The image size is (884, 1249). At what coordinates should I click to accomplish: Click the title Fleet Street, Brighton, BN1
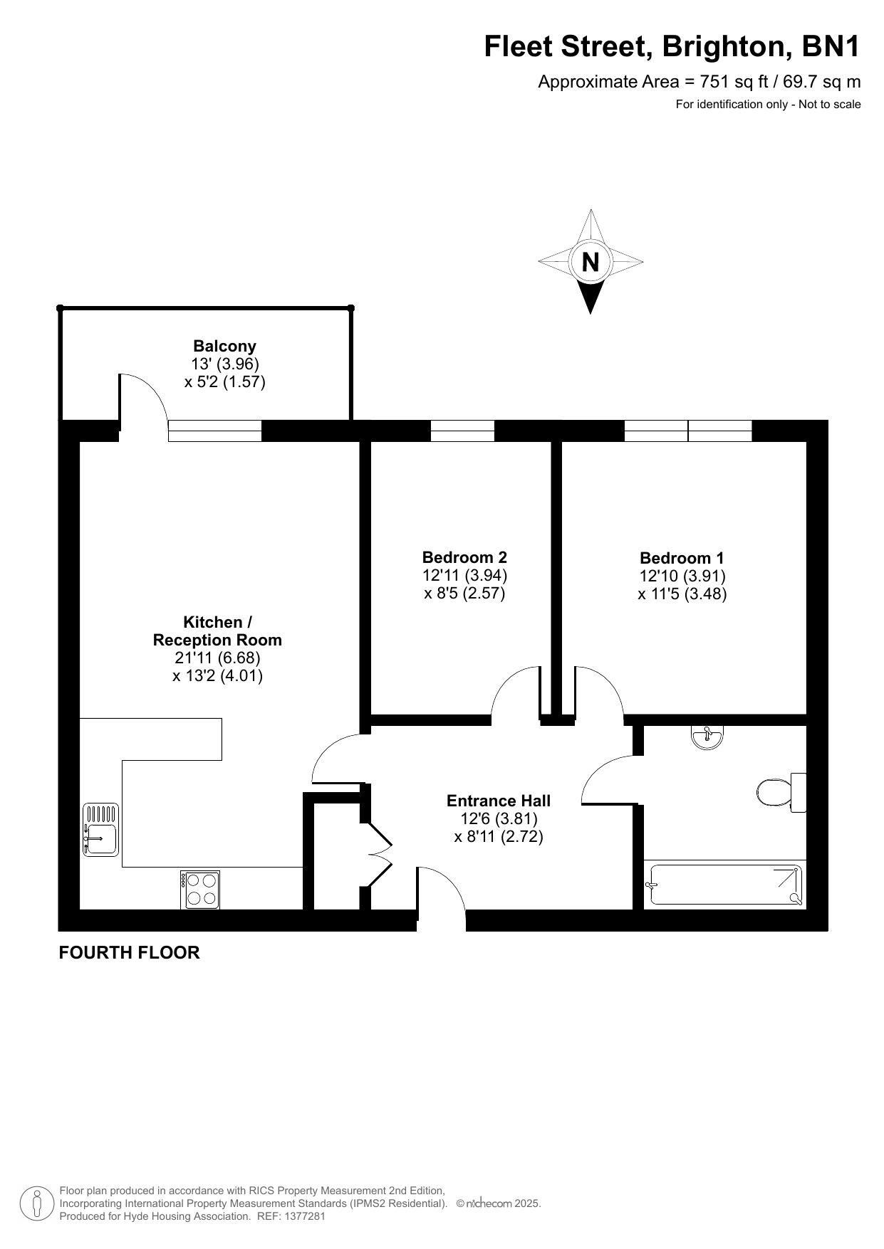pos(672,47)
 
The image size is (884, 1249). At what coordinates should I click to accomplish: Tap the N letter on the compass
pos(591,262)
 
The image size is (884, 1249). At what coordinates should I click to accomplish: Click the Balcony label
pos(224,347)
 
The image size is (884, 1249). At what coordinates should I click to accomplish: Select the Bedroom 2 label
pos(464,557)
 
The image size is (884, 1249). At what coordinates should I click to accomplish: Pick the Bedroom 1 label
pos(682,558)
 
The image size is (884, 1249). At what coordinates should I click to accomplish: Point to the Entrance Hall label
pos(499,801)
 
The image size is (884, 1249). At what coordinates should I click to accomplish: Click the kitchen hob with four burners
pos(200,890)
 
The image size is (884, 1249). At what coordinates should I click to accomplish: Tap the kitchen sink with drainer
pos(100,829)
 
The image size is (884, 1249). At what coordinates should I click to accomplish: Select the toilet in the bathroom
pos(781,792)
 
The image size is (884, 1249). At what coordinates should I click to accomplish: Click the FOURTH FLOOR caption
pos(129,952)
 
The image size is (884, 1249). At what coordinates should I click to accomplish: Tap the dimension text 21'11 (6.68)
pos(217,658)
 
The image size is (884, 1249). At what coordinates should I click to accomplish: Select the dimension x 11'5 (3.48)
pos(682,594)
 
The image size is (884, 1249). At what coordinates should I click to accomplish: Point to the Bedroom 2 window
pos(462,431)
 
